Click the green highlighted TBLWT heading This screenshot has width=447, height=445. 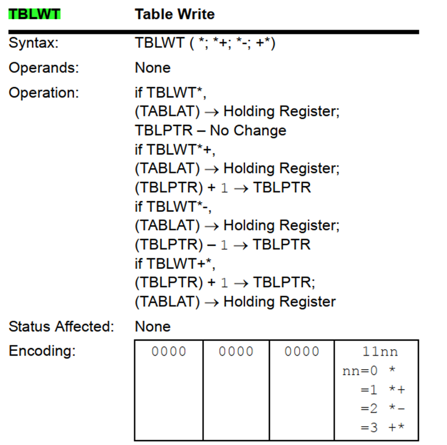(34, 15)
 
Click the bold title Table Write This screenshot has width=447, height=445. (174, 15)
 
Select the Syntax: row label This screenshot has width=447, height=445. (33, 44)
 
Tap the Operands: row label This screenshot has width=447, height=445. (43, 68)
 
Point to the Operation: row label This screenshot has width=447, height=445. (44, 93)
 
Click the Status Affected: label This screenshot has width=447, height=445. (61, 327)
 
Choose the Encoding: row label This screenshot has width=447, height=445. (42, 351)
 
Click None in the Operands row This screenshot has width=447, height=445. (153, 68)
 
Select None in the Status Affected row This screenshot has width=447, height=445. (153, 327)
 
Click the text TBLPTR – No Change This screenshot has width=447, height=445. (210, 131)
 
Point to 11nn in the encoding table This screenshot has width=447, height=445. (380, 352)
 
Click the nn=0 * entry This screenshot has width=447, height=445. (369, 371)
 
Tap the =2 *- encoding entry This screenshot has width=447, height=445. (382, 409)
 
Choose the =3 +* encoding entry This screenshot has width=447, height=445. (382, 428)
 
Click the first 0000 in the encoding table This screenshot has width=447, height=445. (169, 352)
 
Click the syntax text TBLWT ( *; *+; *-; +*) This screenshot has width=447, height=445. (205, 44)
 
